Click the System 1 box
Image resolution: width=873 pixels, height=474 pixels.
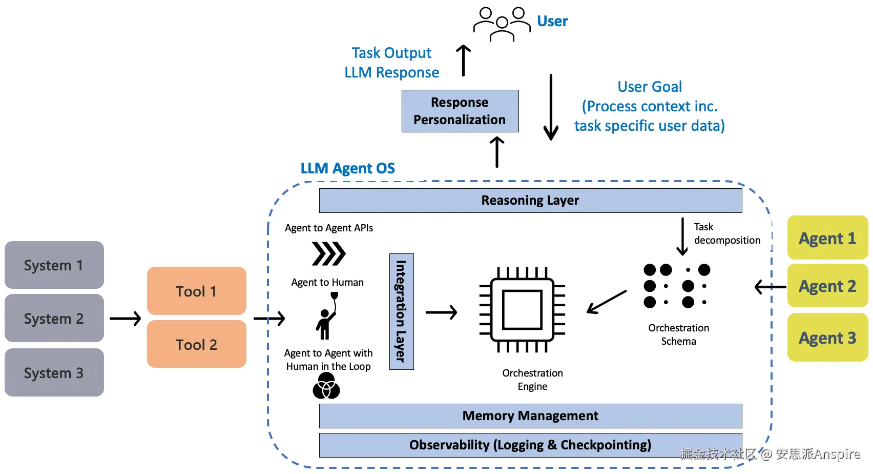(54, 265)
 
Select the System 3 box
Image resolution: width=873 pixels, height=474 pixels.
(54, 372)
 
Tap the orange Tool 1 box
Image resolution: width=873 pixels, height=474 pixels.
(197, 291)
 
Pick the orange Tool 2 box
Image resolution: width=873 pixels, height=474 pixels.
(197, 344)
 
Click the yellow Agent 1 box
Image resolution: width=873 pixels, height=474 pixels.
(827, 238)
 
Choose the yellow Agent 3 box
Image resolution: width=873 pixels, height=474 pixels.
(827, 338)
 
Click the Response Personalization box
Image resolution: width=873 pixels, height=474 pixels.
(460, 111)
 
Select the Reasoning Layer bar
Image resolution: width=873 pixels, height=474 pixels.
(530, 200)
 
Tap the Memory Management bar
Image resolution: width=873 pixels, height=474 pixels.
(530, 416)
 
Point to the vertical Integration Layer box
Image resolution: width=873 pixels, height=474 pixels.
(401, 311)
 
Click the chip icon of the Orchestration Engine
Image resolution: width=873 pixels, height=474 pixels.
(522, 310)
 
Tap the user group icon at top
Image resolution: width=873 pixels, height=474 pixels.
(502, 24)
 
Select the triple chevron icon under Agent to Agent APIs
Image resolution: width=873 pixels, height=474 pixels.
(329, 253)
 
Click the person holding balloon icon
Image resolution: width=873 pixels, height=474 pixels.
(326, 317)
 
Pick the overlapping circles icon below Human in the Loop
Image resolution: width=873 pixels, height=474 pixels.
(326, 386)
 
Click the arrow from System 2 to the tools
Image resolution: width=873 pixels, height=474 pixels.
(125, 319)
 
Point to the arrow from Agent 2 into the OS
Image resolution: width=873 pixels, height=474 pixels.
(771, 287)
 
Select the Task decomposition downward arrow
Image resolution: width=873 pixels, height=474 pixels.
(682, 236)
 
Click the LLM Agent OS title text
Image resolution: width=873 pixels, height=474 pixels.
(347, 168)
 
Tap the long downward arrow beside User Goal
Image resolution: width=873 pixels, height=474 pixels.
(551, 107)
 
